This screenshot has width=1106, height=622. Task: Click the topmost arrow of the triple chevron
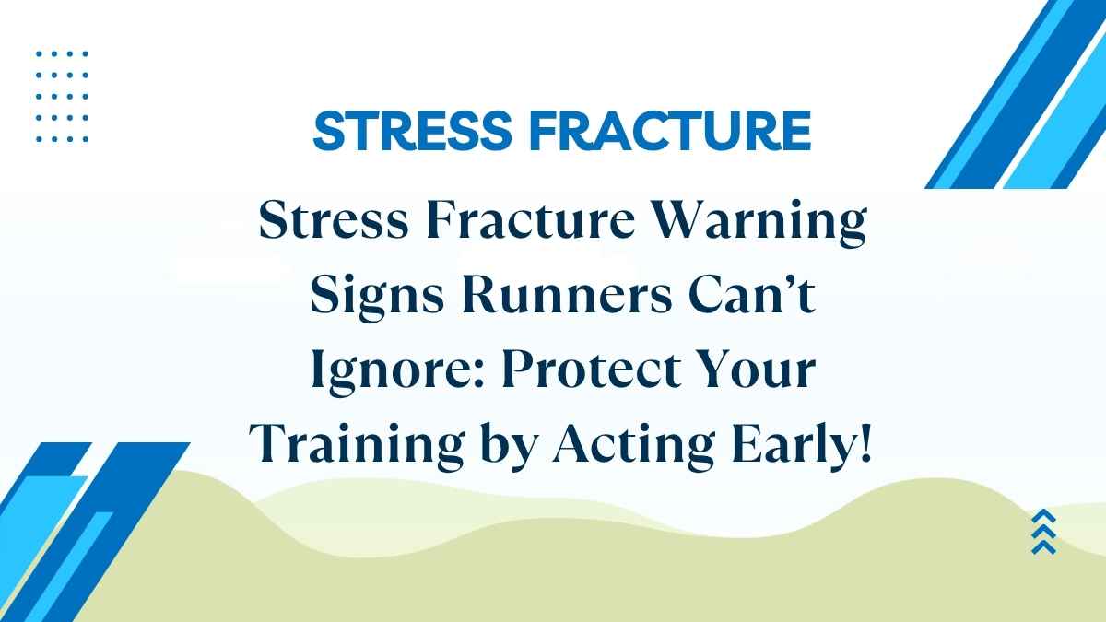1044,517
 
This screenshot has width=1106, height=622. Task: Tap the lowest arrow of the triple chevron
1044,546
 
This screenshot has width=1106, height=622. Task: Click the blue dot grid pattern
62,97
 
